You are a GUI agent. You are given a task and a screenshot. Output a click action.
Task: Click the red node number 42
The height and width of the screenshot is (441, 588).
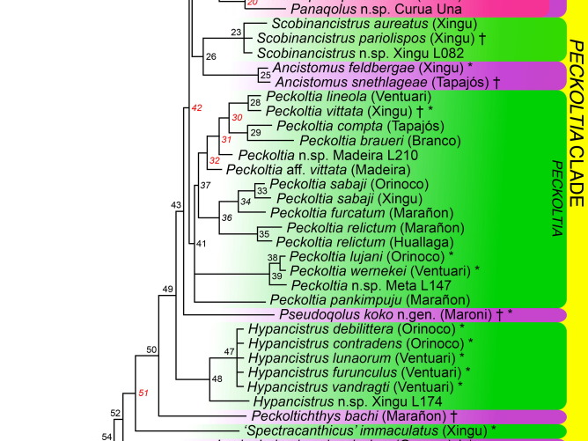point(198,108)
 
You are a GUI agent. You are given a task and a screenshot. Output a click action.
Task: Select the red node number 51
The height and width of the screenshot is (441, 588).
point(143,393)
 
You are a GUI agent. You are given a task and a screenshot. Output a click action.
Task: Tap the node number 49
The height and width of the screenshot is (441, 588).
point(166,289)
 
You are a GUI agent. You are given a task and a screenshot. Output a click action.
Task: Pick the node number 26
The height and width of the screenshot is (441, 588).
point(209,56)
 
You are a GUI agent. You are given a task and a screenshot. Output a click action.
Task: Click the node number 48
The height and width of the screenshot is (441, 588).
point(217,379)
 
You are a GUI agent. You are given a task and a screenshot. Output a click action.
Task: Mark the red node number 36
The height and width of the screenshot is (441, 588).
point(226,218)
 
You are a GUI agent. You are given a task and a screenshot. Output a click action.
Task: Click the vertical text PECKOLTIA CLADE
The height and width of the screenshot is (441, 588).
point(576,136)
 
